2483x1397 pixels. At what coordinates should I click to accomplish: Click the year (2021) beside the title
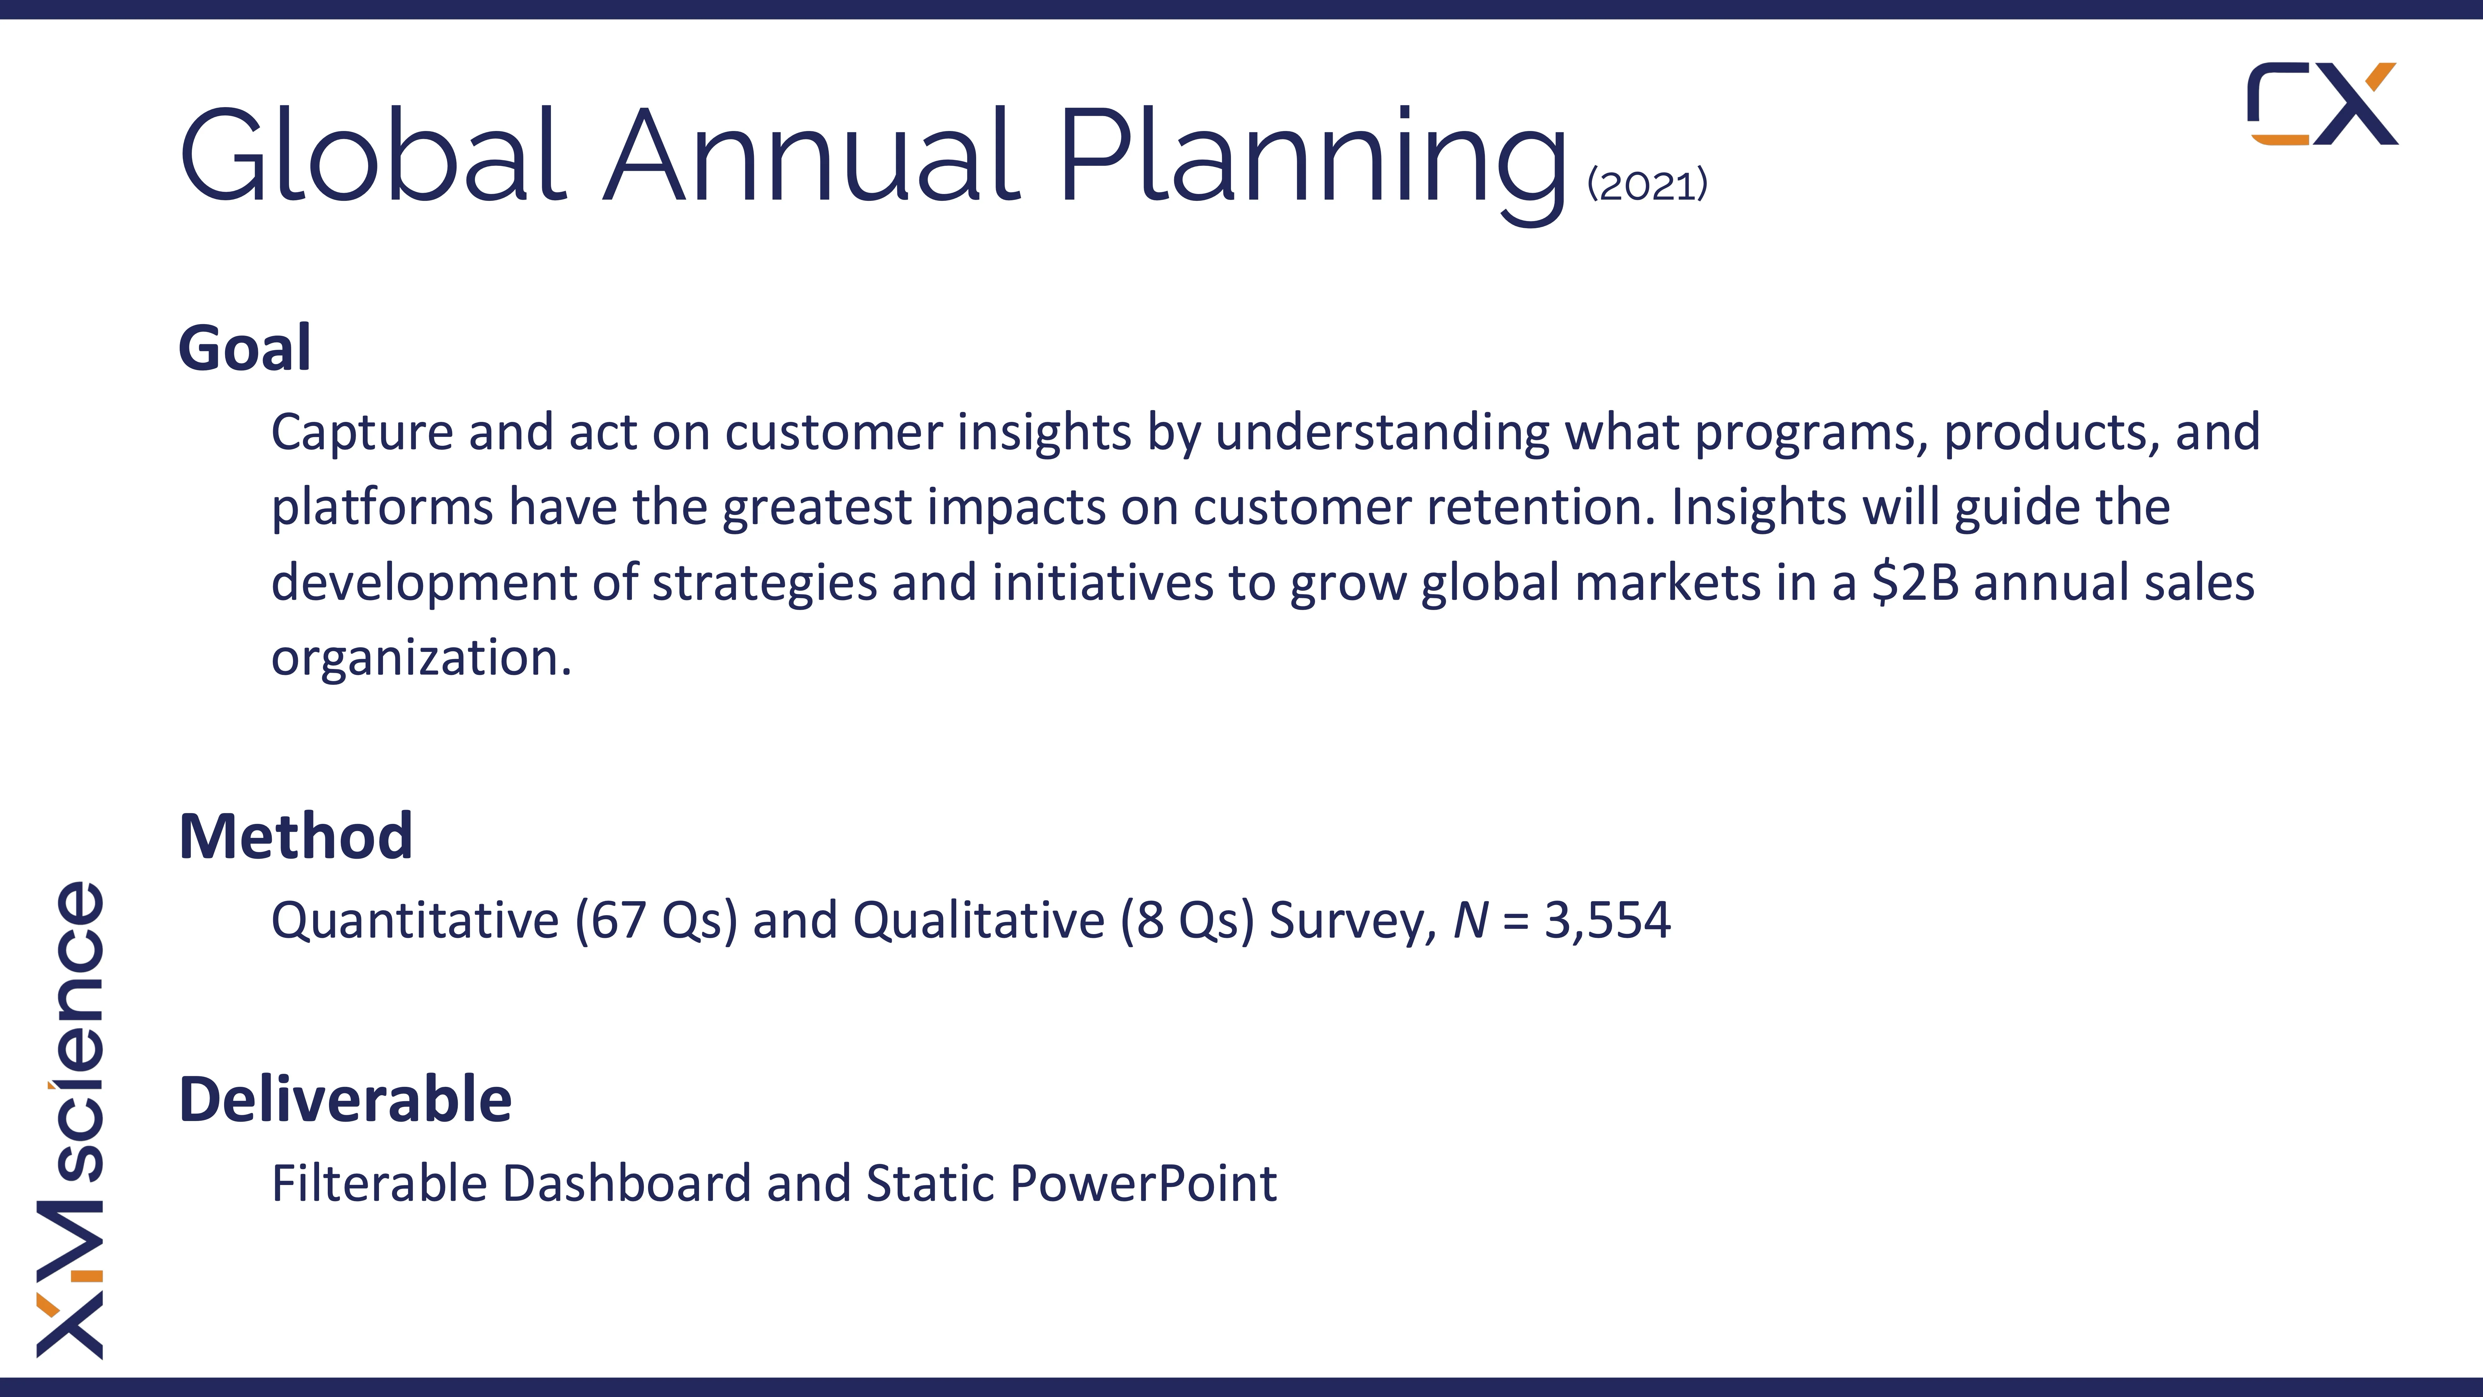pyautogui.click(x=1647, y=184)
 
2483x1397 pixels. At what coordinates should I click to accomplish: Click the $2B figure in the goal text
pyautogui.click(x=1915, y=582)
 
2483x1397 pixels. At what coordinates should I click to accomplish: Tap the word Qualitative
pyautogui.click(x=979, y=920)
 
